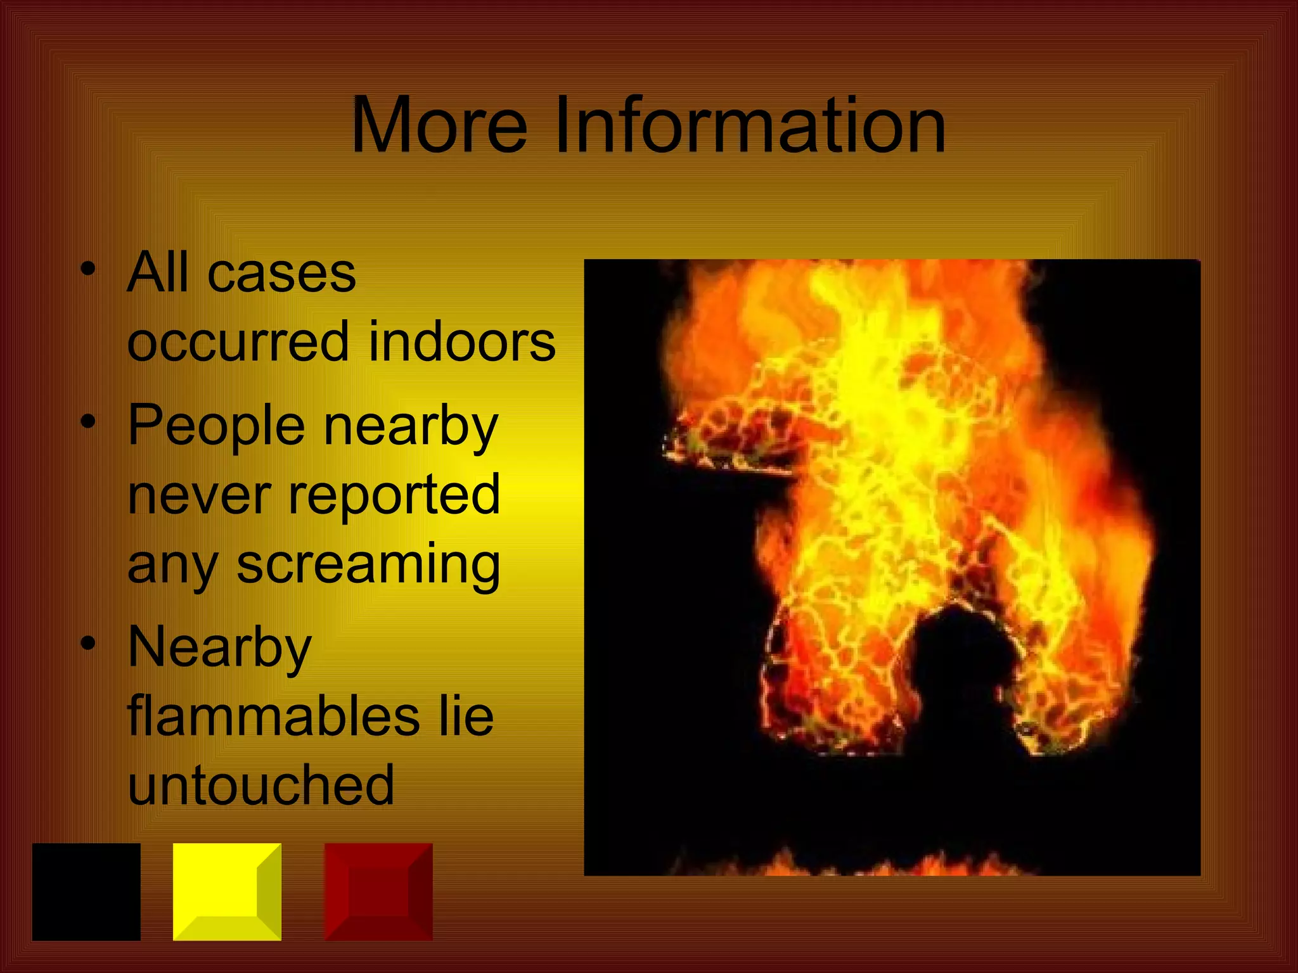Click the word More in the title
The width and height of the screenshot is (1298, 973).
click(x=439, y=125)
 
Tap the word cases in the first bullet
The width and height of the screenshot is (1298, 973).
click(x=281, y=274)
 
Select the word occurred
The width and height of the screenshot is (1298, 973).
click(x=238, y=342)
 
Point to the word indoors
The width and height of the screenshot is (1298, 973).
click(x=462, y=342)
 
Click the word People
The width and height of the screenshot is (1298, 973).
click(x=216, y=426)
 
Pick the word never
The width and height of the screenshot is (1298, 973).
click(x=199, y=496)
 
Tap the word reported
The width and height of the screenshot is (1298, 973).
click(x=394, y=496)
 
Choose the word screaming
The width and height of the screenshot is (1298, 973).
click(x=368, y=566)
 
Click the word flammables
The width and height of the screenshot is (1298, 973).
click(x=274, y=716)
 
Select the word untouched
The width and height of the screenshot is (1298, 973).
click(x=261, y=785)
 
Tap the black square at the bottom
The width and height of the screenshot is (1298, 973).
click(x=86, y=891)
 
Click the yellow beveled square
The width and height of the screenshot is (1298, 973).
click(x=227, y=891)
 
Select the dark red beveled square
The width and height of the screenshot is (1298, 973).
click(x=378, y=891)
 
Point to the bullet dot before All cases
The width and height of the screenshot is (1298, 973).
click(x=88, y=269)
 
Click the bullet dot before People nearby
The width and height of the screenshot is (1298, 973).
click(x=88, y=421)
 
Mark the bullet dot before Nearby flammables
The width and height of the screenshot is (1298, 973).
click(x=88, y=643)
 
